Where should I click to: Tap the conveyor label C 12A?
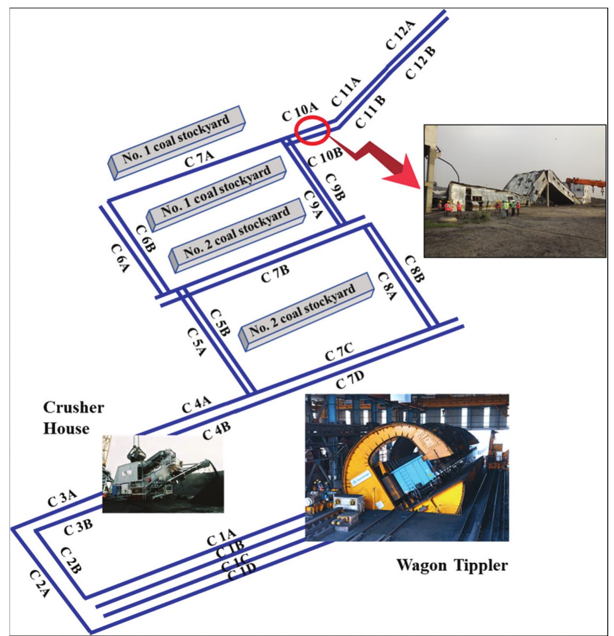(x=399, y=37)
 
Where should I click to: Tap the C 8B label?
(x=415, y=269)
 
